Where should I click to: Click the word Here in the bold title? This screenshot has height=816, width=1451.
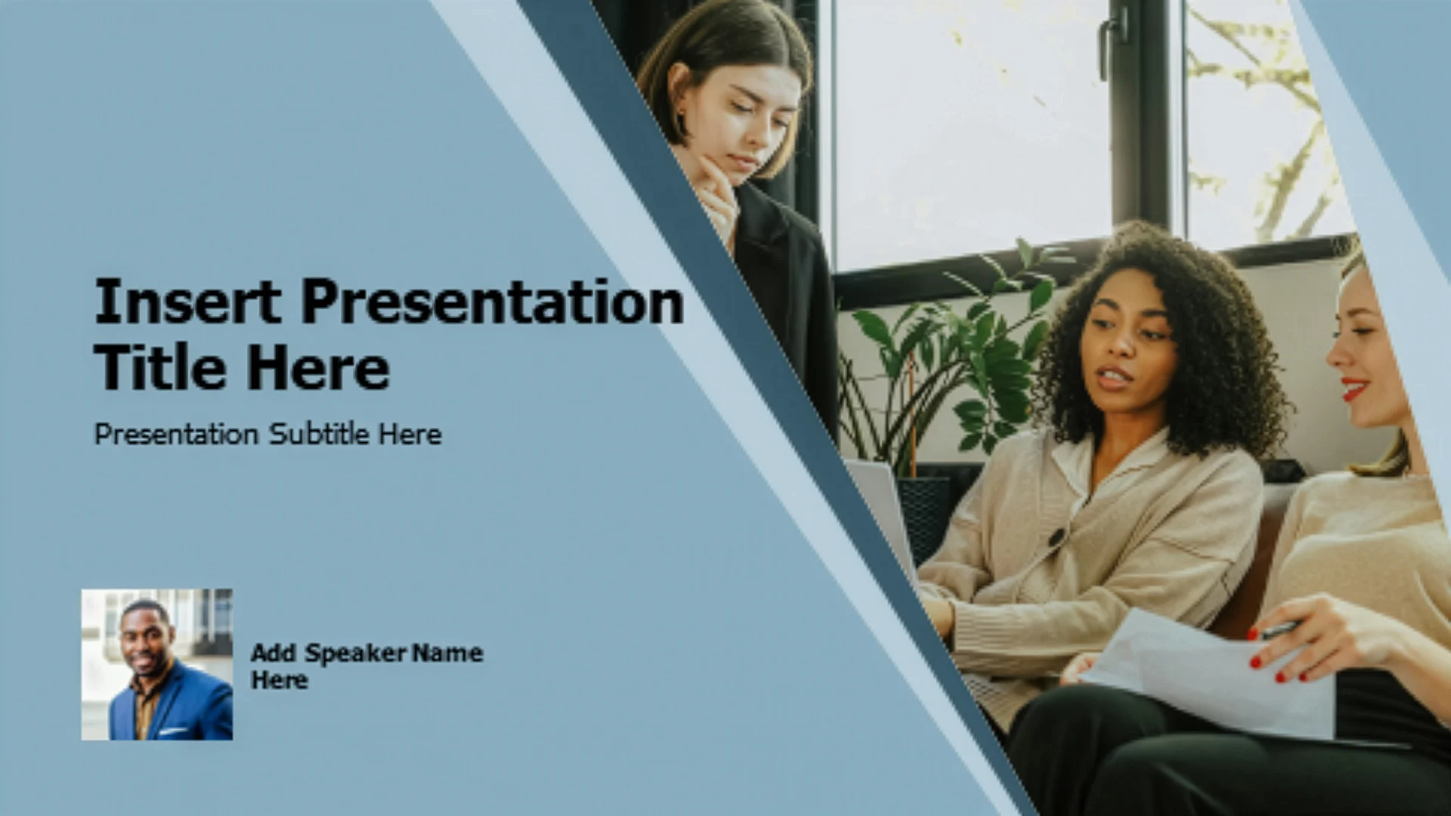click(318, 367)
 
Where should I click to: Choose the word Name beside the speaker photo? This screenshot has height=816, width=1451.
click(447, 652)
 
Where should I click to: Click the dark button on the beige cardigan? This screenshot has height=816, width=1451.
click(1056, 537)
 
